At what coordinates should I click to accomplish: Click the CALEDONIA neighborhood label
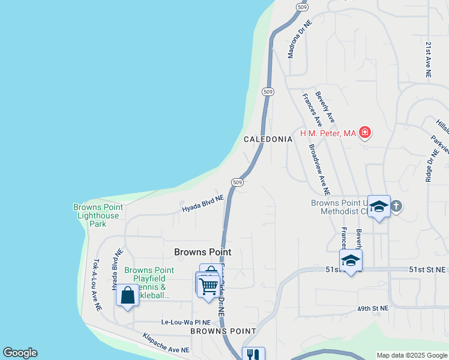(x=268, y=139)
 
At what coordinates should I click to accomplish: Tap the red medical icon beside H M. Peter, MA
(x=365, y=132)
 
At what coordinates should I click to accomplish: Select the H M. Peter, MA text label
(x=328, y=133)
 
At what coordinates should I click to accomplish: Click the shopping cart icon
(x=208, y=286)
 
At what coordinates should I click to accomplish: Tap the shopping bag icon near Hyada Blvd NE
(x=127, y=295)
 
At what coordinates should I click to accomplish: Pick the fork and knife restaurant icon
(x=253, y=355)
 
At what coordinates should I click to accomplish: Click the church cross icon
(x=396, y=206)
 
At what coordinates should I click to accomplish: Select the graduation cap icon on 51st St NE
(x=351, y=260)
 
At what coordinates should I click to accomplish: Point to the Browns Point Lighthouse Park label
(x=98, y=215)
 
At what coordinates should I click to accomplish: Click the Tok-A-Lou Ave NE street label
(x=96, y=284)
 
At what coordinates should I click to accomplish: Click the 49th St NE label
(x=373, y=308)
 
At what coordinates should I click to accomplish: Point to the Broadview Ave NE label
(x=319, y=169)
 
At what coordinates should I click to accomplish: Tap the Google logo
(x=20, y=353)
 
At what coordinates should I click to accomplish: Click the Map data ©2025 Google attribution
(x=412, y=355)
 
